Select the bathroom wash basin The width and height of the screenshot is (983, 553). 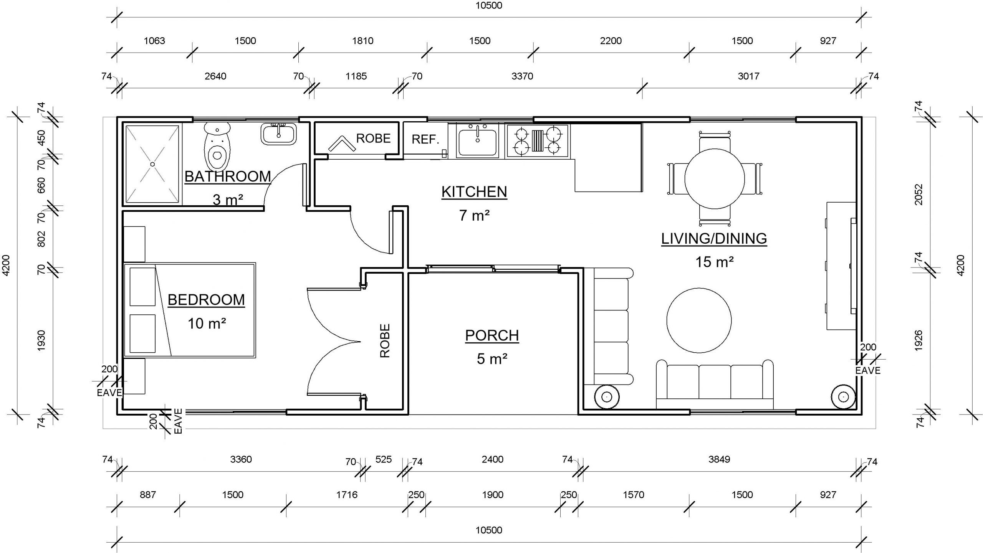pos(279,134)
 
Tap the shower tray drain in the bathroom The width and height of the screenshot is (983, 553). pos(152,164)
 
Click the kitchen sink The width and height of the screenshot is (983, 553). pos(477,141)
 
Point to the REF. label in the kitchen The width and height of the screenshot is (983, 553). pos(425,139)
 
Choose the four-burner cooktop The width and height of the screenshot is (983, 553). pos(537,140)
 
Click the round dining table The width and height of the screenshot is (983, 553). pos(715,179)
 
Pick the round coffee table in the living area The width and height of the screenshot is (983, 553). pos(699,320)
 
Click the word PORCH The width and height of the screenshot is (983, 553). pos(492,335)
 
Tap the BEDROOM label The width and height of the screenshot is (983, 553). pos(206,300)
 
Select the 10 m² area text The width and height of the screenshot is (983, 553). pos(207,324)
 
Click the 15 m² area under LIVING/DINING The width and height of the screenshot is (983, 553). pos(715,262)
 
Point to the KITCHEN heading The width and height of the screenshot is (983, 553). pos(474,191)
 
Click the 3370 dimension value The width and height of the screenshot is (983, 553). pos(522,76)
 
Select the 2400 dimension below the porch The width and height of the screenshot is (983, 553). pos(493,459)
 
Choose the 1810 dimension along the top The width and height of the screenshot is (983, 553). pos(363,41)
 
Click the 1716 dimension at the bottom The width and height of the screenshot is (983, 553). pos(347,495)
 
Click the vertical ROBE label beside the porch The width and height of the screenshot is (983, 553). pos(385,341)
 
